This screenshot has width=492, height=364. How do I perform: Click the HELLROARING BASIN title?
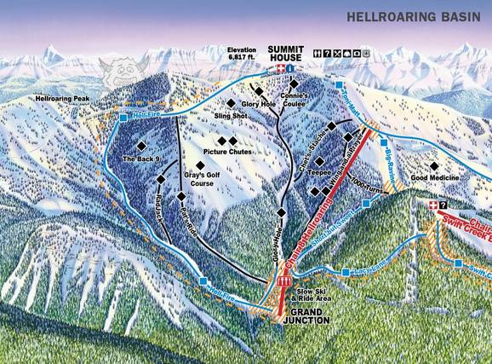(x=412, y=16)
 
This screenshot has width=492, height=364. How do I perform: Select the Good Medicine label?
(x=435, y=178)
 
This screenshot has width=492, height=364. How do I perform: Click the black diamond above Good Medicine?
(x=434, y=166)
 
